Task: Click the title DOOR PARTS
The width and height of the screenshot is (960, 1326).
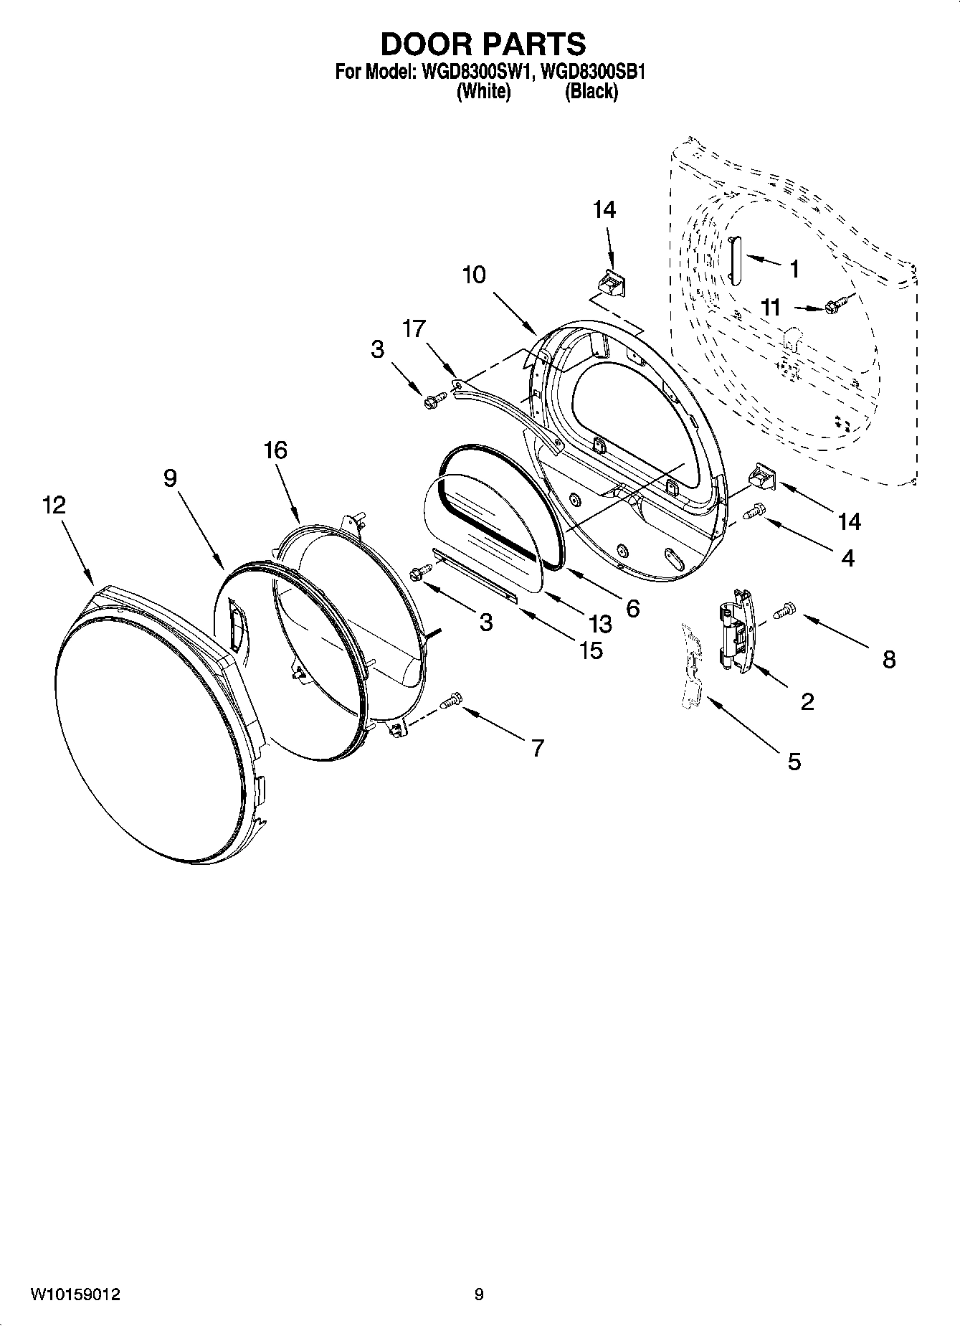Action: (483, 44)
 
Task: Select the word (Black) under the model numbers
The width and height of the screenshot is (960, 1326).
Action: (591, 92)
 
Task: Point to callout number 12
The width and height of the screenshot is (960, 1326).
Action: (54, 505)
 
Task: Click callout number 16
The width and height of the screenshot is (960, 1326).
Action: (275, 450)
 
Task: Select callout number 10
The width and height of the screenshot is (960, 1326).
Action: (474, 275)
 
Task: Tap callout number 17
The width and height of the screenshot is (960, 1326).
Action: (414, 328)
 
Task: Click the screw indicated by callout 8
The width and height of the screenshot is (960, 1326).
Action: (786, 610)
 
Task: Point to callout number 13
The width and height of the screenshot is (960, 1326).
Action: (600, 623)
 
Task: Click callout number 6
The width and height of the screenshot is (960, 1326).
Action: (632, 608)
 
